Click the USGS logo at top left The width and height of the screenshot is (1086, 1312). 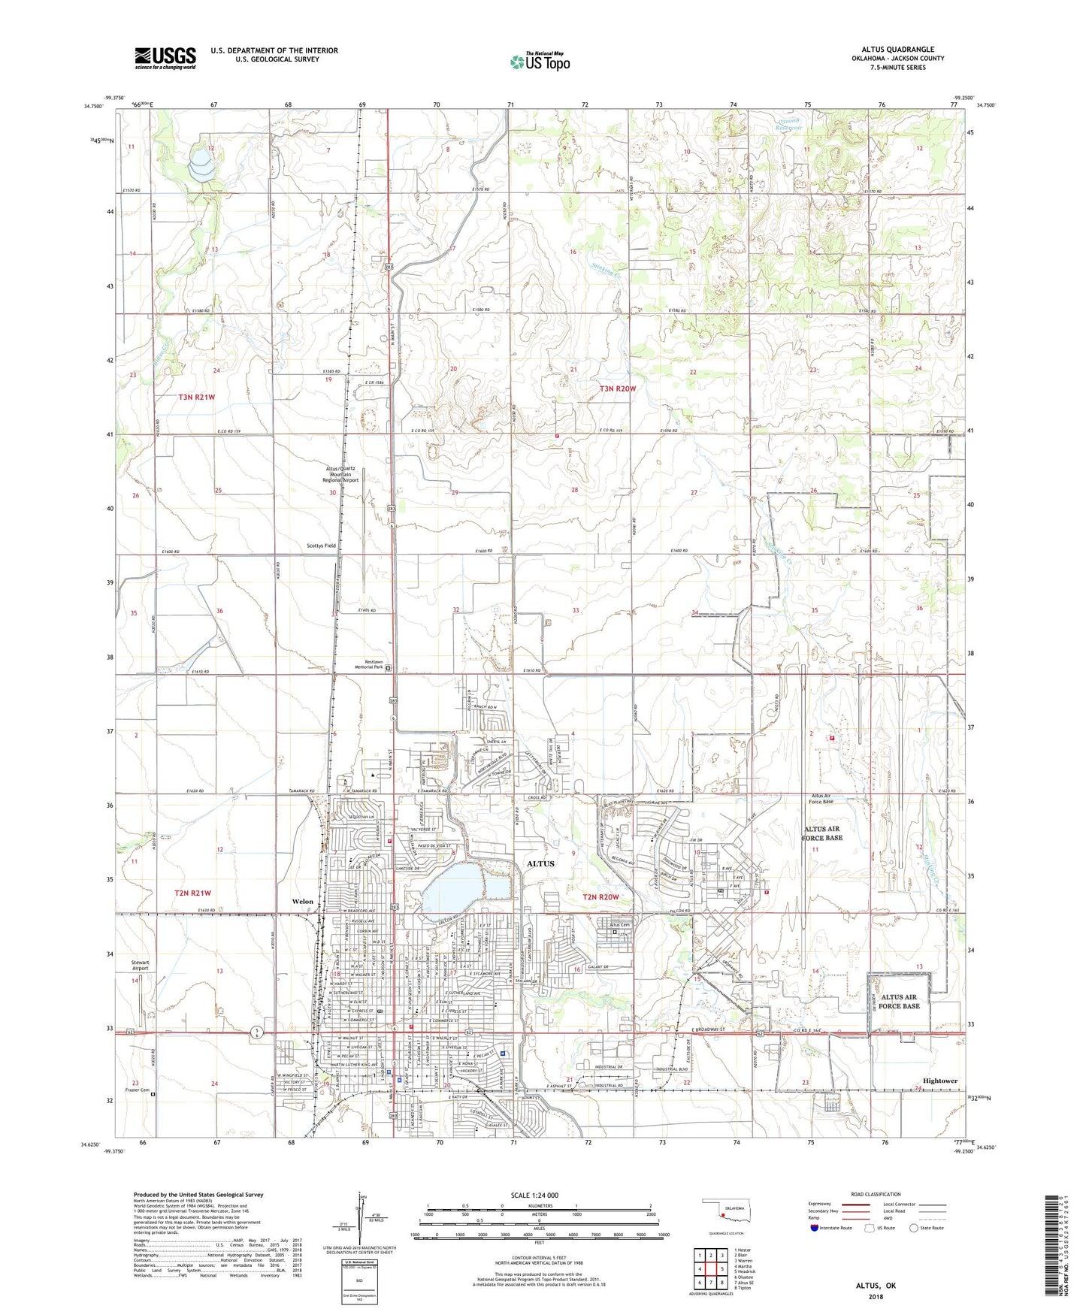tap(165, 57)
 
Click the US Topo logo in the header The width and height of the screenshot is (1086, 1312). tap(540, 62)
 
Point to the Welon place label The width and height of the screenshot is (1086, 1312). tap(302, 901)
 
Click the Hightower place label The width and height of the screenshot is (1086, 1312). tap(939, 1081)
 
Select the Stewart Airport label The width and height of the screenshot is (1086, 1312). tap(140, 966)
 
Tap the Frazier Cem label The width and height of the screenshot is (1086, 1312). tap(138, 1090)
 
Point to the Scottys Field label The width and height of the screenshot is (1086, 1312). tap(321, 546)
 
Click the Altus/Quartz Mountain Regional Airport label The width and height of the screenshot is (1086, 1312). tap(340, 473)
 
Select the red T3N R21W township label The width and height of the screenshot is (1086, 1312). tap(196, 397)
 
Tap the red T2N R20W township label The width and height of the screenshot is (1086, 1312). tap(601, 896)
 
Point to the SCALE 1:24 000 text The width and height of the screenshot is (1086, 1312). tap(534, 1195)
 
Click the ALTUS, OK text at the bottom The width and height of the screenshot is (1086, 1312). tap(876, 1286)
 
